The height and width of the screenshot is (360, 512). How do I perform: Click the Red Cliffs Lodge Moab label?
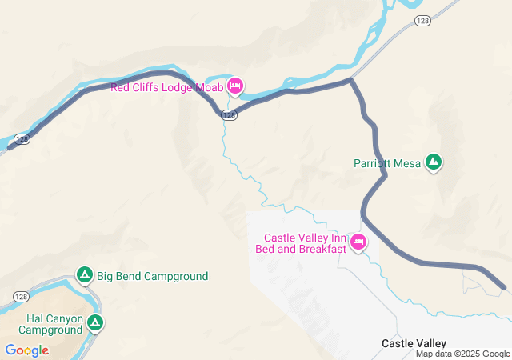tap(166, 87)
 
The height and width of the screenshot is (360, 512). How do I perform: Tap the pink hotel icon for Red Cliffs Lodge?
tap(235, 86)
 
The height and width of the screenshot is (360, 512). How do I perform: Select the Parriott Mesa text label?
tap(387, 163)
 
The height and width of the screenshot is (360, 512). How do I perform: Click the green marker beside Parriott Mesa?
tap(434, 162)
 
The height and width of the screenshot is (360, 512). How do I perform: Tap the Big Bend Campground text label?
tap(152, 277)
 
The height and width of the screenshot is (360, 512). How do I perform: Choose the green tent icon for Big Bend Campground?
tap(84, 276)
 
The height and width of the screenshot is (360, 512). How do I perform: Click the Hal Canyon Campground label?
tap(50, 323)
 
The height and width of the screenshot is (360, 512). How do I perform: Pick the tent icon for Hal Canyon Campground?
tap(95, 323)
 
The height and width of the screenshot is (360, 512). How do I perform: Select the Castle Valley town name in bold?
tap(414, 343)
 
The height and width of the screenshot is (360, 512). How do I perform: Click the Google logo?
tap(26, 350)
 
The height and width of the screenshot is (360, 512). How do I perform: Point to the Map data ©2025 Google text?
tap(462, 354)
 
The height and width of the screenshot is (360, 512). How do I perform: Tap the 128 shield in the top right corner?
tap(422, 20)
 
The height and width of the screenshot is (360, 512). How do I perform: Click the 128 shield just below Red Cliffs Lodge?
tap(229, 116)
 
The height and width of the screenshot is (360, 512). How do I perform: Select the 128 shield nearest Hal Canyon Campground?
tap(22, 296)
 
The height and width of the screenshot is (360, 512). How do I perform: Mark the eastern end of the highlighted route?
tap(504, 287)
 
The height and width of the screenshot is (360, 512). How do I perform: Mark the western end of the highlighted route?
tap(10, 147)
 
